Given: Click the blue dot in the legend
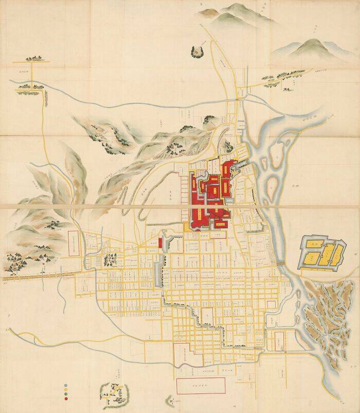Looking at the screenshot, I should coord(66,385).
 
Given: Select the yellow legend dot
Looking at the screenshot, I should coord(66,389).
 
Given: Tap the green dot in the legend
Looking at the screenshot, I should coord(66,394).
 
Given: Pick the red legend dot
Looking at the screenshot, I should coord(66,399).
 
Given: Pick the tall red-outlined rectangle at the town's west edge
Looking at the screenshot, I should coord(73,243).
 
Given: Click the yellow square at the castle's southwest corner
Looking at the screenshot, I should coord(187,226).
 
